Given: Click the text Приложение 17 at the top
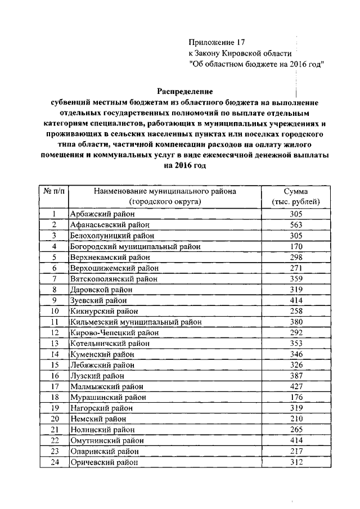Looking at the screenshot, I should coord(217,42).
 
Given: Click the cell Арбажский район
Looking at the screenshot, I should coord(97,214).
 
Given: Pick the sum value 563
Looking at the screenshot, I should coord(296,224).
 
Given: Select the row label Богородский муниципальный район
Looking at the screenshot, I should coord(135,246).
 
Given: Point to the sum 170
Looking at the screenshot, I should coord(296,246).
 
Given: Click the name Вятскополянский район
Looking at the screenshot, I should coord(114,278).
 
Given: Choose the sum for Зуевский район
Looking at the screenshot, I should coord(296,300).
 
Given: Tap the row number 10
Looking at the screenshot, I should coord(55,310).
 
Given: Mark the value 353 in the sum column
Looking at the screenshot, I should coord(296,343).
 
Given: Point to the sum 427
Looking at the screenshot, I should coord(296,386).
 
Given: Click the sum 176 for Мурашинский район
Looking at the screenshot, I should coord(296,397).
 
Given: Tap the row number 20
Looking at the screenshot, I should coord(55,418).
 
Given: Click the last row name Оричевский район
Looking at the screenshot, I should coord(103,462).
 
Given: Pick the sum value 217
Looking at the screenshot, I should coord(296,451).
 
